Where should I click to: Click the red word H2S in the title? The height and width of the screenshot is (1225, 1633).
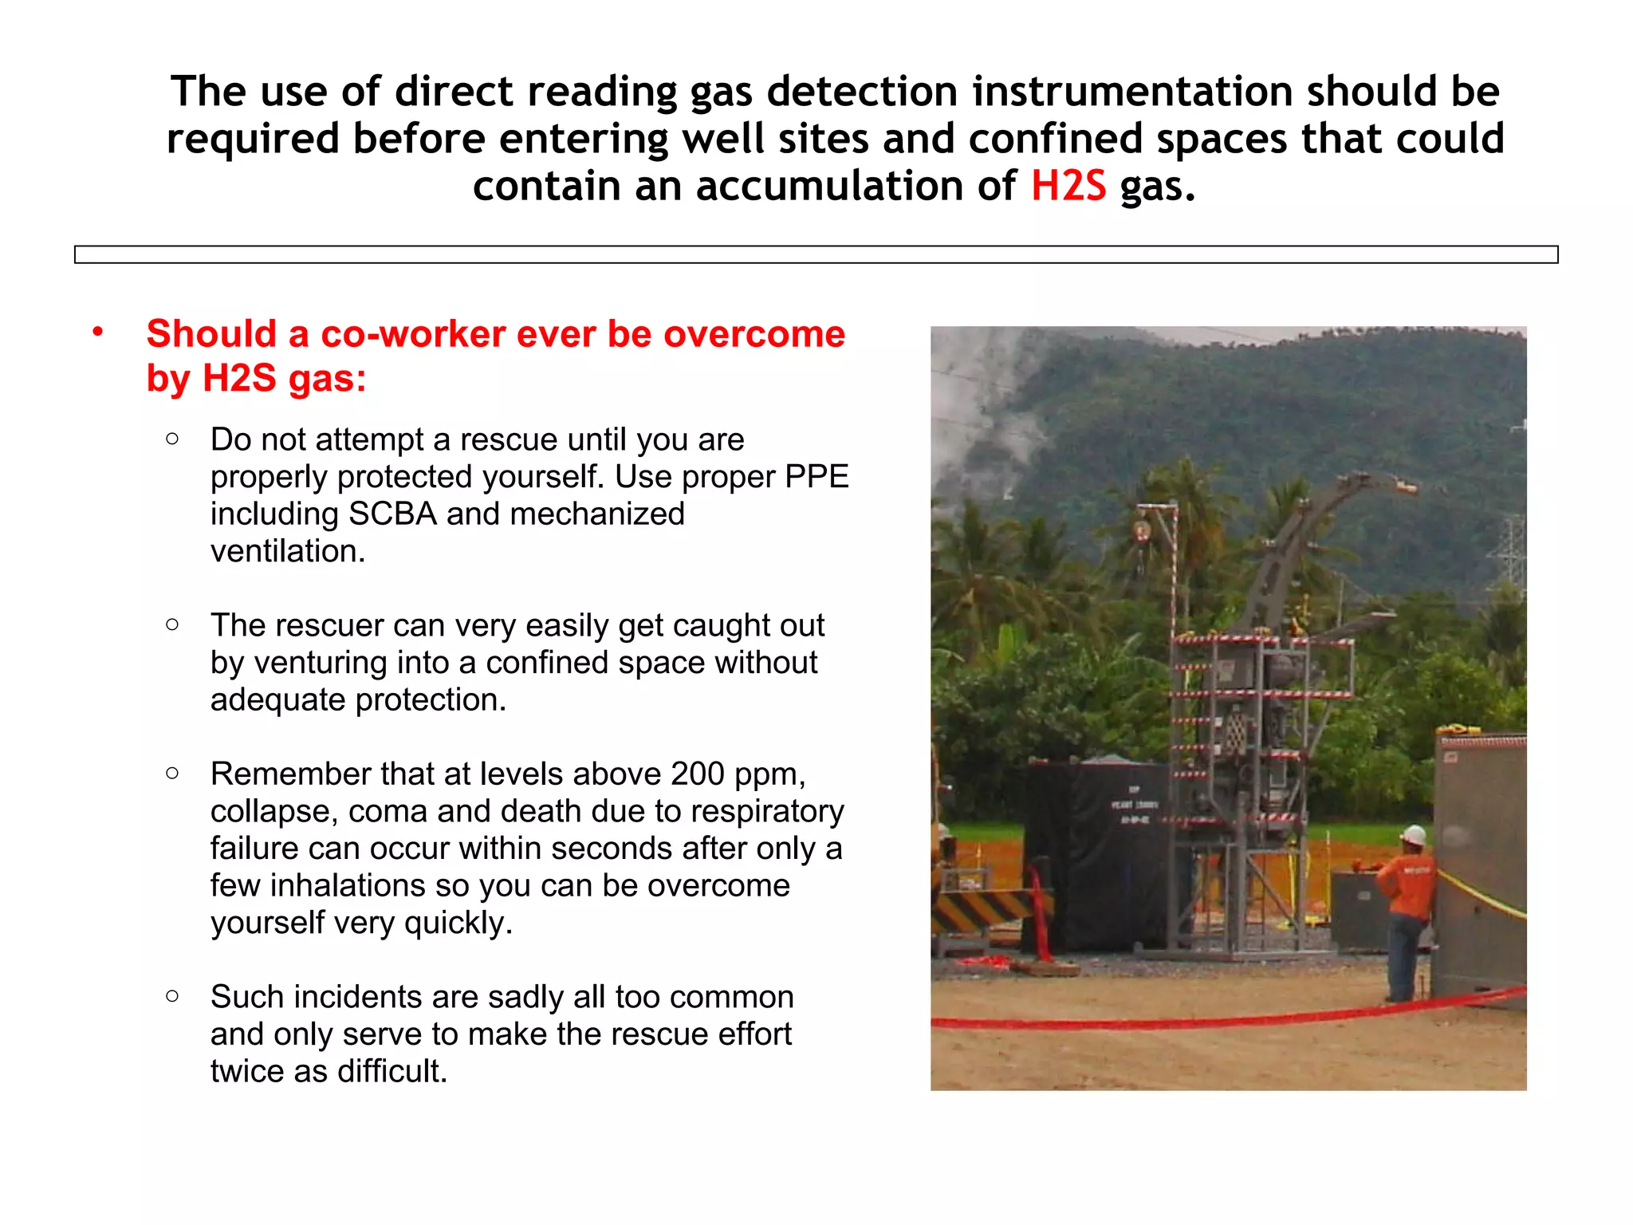click(1068, 186)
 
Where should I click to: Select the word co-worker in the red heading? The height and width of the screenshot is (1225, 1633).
click(412, 333)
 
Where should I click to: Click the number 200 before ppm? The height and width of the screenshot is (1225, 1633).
click(698, 774)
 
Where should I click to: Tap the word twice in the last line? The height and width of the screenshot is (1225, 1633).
click(247, 1071)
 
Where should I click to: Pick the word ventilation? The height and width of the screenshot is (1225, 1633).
click(288, 551)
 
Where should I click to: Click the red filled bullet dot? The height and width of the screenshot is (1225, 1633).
click(97, 332)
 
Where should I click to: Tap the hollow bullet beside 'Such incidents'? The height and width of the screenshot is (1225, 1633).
click(172, 995)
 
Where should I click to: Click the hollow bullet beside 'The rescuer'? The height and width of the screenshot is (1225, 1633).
click(172, 624)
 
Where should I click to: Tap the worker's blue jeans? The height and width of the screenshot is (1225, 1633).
click(1405, 953)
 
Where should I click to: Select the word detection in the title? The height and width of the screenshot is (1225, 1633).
click(862, 92)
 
